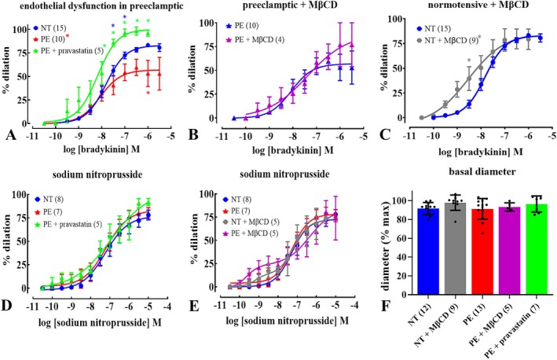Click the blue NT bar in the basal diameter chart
coord(428,252)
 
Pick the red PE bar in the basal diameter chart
coord(482,252)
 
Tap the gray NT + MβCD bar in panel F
coord(456,248)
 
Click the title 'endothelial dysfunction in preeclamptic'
coord(101,6)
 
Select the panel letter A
coord(10,134)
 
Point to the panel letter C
coord(386,134)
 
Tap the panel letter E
coord(194,305)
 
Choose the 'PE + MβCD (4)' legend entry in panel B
coord(255,39)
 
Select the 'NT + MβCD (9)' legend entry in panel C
coord(449,40)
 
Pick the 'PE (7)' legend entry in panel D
coord(48,212)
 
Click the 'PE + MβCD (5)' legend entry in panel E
coord(251,233)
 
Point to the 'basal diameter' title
coord(482,171)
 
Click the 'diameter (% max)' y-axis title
coord(387,245)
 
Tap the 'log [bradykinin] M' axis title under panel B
coord(293,150)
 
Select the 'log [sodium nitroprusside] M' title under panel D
coord(100,322)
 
